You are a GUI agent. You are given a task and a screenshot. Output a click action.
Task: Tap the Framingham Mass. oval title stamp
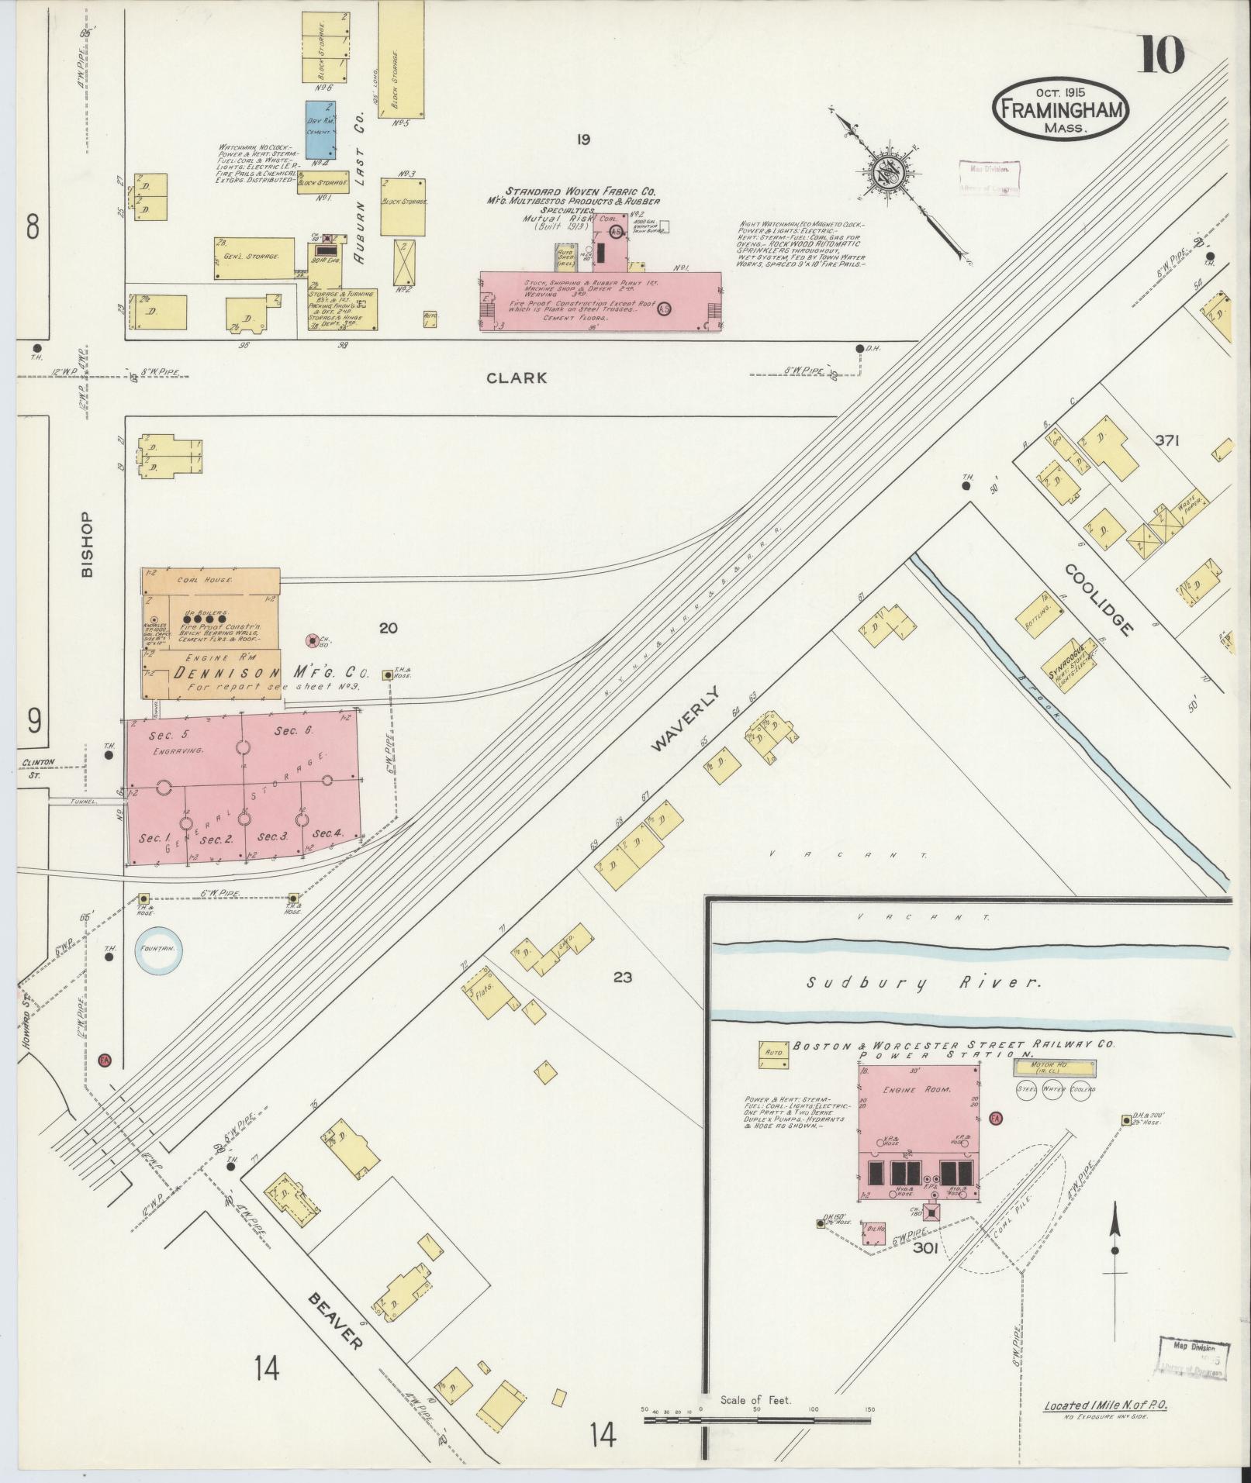(x=1059, y=109)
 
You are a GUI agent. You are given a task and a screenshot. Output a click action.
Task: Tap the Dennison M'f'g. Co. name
(x=271, y=672)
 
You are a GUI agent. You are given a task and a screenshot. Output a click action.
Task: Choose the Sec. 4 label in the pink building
(x=327, y=834)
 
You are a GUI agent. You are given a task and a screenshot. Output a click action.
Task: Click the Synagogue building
(x=1072, y=660)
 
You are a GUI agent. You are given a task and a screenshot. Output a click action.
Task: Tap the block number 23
(x=622, y=978)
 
